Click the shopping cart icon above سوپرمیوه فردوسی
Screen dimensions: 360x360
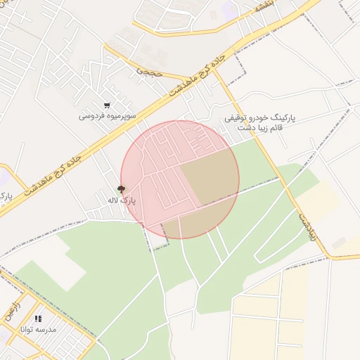[x=107, y=105]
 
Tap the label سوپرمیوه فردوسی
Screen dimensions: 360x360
[x=107, y=116]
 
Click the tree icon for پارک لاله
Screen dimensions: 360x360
[x=121, y=188]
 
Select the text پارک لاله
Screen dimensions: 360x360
[x=121, y=200]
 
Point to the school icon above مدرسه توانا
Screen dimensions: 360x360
[x=37, y=319]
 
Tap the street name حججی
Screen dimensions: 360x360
[x=149, y=71]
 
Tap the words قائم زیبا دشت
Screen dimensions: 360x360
[x=262, y=129]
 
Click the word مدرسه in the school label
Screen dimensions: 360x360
[x=49, y=329]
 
